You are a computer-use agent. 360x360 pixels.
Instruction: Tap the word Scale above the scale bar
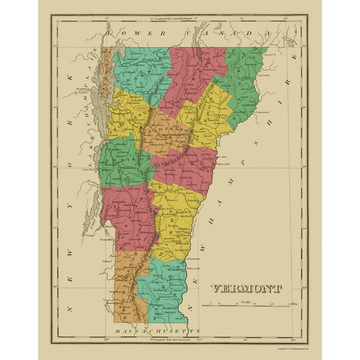(x=246, y=301)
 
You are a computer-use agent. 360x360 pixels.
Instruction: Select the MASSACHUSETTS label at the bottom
(x=153, y=329)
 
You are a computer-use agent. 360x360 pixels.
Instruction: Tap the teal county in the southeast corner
(x=166, y=287)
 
